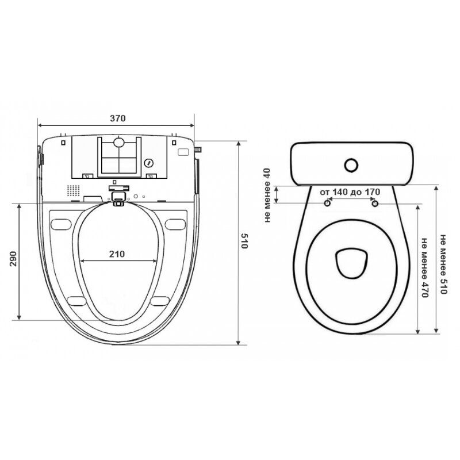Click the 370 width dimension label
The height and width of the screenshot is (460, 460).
(118, 118)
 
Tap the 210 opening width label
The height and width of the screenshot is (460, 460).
(117, 254)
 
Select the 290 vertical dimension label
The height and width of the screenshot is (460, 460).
(13, 258)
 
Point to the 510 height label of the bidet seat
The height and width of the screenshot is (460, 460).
(244, 241)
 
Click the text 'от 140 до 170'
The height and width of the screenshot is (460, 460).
(350, 192)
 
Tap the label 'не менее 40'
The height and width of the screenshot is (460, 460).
(267, 195)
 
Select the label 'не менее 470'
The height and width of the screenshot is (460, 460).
(425, 267)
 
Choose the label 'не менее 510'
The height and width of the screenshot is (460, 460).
(443, 264)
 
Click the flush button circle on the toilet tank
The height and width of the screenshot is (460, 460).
(351, 166)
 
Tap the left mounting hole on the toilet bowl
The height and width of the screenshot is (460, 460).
(327, 203)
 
